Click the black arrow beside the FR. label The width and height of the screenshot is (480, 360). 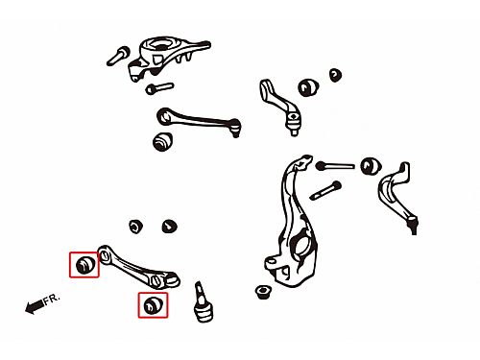pyautogui.click(x=35, y=306)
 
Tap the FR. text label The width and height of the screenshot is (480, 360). pyautogui.click(x=52, y=300)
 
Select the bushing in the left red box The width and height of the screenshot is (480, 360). pyautogui.click(x=84, y=265)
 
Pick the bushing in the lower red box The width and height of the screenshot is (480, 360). pyautogui.click(x=154, y=305)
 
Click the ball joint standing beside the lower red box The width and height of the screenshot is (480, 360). pyautogui.click(x=202, y=302)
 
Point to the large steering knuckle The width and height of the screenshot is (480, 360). pyautogui.click(x=293, y=223)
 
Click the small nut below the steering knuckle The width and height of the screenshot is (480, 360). pyautogui.click(x=263, y=292)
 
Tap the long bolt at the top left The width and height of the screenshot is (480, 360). pyautogui.click(x=118, y=56)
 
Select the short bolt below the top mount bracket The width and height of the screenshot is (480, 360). pyautogui.click(x=159, y=88)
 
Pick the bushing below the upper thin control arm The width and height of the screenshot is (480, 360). pyautogui.click(x=163, y=142)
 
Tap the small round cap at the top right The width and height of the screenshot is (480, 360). pyautogui.click(x=335, y=75)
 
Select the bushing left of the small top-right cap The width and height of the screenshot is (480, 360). pyautogui.click(x=308, y=87)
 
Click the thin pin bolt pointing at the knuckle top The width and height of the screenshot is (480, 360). pyautogui.click(x=335, y=166)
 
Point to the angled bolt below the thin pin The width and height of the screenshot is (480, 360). pyautogui.click(x=325, y=190)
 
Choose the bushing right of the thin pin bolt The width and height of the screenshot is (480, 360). pyautogui.click(x=371, y=166)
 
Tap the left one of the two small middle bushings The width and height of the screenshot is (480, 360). pyautogui.click(x=135, y=227)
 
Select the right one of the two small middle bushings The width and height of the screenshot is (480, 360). pyautogui.click(x=169, y=227)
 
